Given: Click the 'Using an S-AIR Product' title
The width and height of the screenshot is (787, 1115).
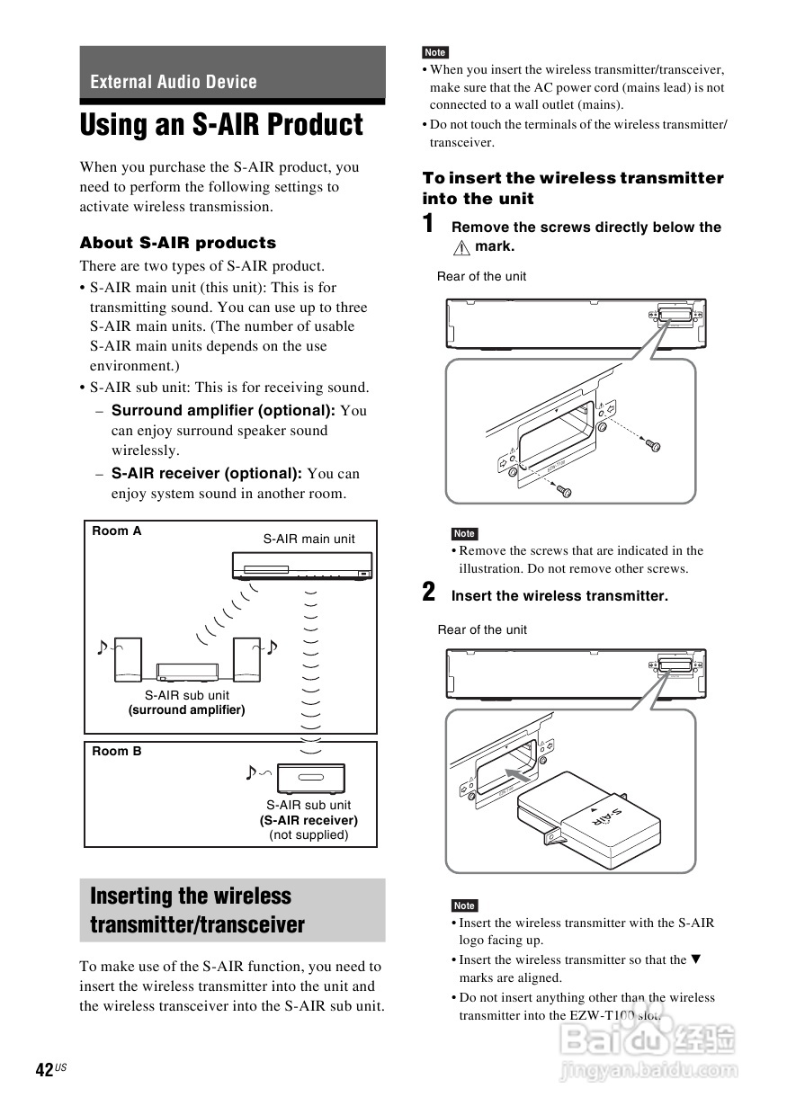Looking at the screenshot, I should click(221, 125).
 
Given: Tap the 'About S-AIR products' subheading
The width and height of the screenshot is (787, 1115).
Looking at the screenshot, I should click(178, 243).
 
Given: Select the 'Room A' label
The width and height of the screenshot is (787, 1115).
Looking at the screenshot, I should click(117, 531).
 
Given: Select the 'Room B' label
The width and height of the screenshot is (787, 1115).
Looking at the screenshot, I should click(117, 751).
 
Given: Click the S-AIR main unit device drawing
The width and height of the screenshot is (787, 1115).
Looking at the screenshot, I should click(301, 566).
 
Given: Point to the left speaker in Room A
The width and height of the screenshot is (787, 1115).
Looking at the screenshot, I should click(127, 659).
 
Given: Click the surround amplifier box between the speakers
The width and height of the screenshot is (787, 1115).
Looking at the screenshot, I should click(188, 671).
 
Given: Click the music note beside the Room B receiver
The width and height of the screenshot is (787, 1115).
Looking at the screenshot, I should click(252, 772).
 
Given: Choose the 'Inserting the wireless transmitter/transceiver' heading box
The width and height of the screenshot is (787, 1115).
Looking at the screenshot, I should click(232, 910).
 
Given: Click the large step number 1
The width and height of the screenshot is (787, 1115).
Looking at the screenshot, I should click(430, 224).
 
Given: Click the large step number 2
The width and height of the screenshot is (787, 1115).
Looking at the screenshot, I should click(430, 593).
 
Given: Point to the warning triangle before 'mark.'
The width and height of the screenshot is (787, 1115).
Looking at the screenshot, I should click(462, 247).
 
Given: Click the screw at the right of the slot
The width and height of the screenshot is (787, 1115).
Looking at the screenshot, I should click(655, 446).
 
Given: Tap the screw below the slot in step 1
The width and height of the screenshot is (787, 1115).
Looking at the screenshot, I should click(565, 491).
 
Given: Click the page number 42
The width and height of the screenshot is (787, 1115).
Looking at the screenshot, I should click(44, 1069).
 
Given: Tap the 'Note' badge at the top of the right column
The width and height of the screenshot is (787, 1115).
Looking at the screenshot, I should click(435, 52).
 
